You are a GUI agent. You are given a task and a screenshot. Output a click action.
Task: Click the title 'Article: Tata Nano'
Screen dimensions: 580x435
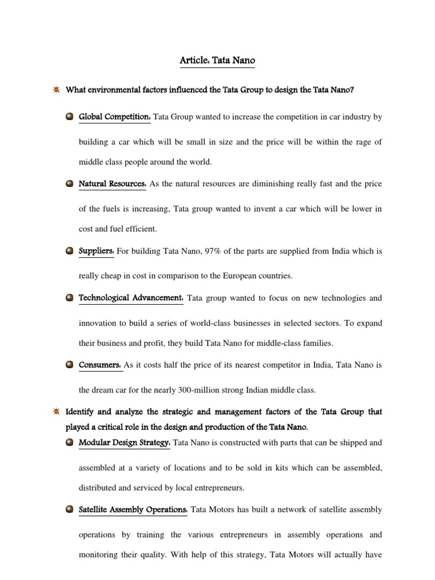coord(217,60)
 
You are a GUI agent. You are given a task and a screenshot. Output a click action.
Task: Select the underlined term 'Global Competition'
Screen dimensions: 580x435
coord(114,117)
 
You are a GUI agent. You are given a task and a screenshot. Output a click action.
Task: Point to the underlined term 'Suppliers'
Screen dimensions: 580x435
coord(96,251)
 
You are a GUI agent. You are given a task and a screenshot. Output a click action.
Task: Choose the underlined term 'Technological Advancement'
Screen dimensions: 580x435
coord(130,298)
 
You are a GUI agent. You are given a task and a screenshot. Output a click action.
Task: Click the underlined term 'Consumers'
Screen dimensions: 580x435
coord(100,365)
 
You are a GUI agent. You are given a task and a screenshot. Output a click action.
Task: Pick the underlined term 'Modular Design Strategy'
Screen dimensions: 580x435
coord(124,442)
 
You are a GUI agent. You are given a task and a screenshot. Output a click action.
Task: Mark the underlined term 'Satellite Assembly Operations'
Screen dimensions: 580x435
coord(133,510)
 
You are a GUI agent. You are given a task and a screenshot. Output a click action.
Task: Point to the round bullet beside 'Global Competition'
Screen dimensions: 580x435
coord(69,117)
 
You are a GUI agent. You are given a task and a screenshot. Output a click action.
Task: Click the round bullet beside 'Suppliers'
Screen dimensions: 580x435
coord(69,251)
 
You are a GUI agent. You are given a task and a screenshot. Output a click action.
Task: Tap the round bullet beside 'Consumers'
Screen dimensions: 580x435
coord(69,365)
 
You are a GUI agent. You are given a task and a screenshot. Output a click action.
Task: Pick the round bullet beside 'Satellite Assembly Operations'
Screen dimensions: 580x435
coord(69,510)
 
